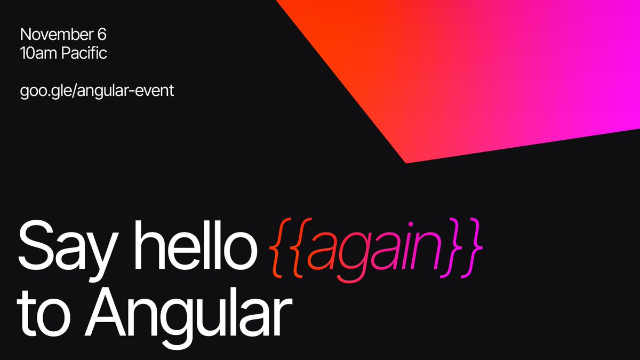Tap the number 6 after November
coord(102,35)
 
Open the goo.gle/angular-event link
coord(97,91)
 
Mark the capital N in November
coord(25,35)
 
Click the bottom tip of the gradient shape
coord(406,162)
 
